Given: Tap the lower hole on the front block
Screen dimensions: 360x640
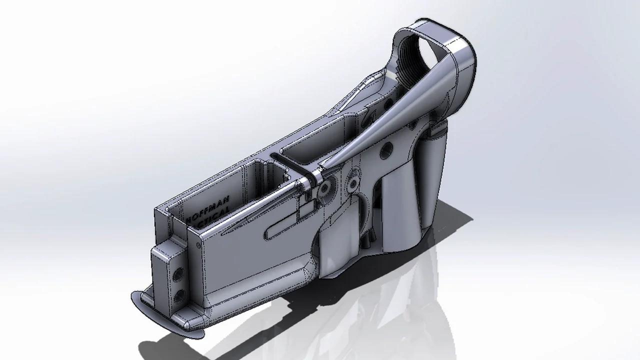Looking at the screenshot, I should [177, 291].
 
